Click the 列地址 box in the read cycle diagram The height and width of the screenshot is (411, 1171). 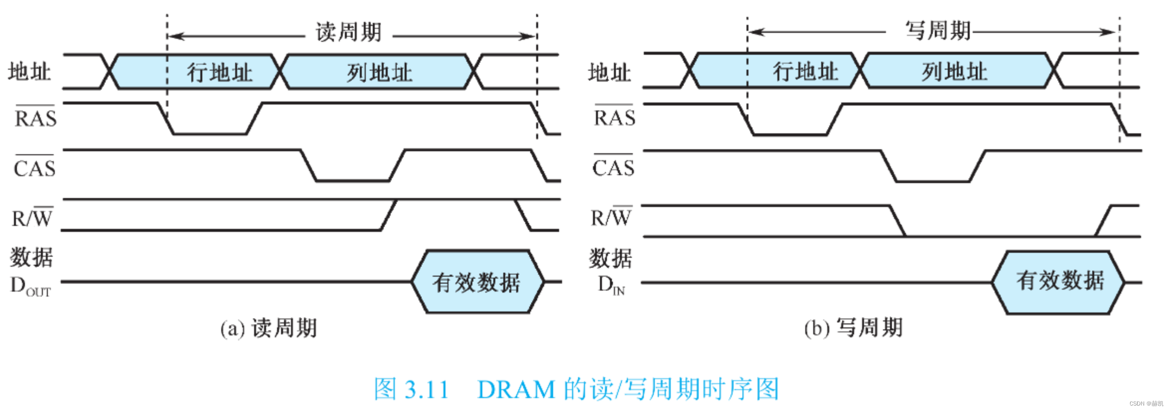click(379, 73)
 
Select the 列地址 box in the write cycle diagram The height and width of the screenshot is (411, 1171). click(954, 71)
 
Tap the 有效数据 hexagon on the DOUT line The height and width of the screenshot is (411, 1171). click(477, 282)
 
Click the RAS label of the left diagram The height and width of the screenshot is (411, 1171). click(35, 118)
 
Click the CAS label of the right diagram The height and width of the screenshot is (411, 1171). click(613, 167)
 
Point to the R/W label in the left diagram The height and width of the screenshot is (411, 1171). click(32, 218)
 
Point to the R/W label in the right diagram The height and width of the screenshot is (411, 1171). click(611, 217)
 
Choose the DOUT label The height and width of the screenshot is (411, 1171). click(30, 286)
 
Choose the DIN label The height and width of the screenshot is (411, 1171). click(611, 285)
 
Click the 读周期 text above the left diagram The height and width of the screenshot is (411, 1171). click(348, 32)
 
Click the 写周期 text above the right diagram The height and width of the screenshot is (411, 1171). click(938, 31)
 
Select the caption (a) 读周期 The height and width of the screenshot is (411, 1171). click(269, 328)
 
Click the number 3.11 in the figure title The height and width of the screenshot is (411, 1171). click(426, 390)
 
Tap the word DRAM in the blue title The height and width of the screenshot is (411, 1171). click(516, 390)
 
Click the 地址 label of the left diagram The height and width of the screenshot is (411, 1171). click(29, 72)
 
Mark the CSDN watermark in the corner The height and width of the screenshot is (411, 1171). click(1146, 404)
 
